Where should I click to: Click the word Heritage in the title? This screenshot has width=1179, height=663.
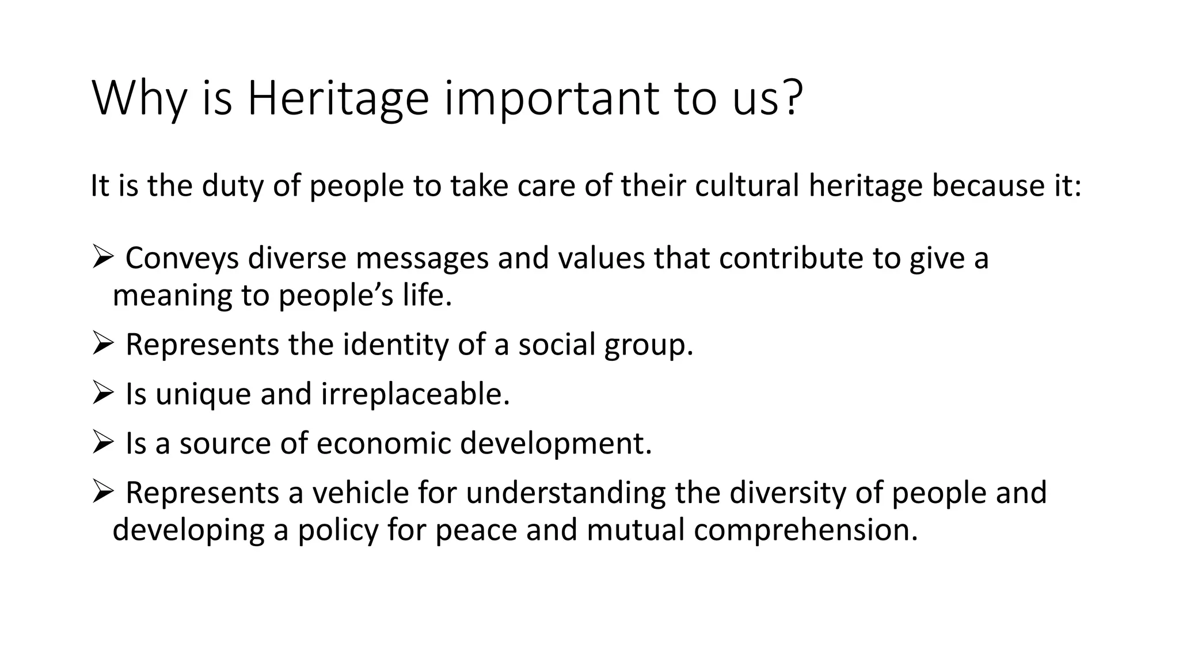point(338,99)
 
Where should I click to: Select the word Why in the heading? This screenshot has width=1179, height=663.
point(139,99)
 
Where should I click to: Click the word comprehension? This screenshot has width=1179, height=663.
point(805,529)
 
